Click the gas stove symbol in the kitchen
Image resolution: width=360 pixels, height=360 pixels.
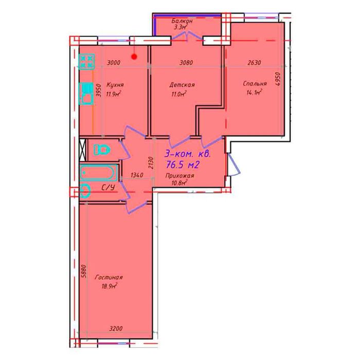coord(86,62)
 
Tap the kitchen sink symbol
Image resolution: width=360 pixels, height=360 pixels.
coord(86,94)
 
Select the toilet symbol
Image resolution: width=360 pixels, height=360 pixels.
coord(102,150)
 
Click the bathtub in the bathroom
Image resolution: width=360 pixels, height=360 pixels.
coord(99,173)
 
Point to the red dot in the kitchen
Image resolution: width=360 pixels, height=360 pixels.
coord(134,57)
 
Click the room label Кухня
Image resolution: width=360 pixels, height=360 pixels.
coord(115,85)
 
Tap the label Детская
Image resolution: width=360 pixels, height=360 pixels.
coord(182,85)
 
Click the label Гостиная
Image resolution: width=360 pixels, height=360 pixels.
coord(109,277)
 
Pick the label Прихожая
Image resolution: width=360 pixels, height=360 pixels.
coord(180,176)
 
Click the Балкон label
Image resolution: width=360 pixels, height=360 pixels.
coord(182,21)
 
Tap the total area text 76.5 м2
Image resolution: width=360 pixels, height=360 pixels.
coord(183,165)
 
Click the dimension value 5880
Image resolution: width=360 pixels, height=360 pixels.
coord(84,272)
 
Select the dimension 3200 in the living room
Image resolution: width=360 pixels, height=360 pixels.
coord(116,329)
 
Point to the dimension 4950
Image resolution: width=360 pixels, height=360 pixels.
coord(278,79)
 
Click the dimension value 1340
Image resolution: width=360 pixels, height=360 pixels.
coord(137,175)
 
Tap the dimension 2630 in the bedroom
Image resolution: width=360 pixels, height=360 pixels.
coord(255,62)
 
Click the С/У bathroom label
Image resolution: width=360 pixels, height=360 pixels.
coord(108,188)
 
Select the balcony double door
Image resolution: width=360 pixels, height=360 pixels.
coord(188,36)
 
